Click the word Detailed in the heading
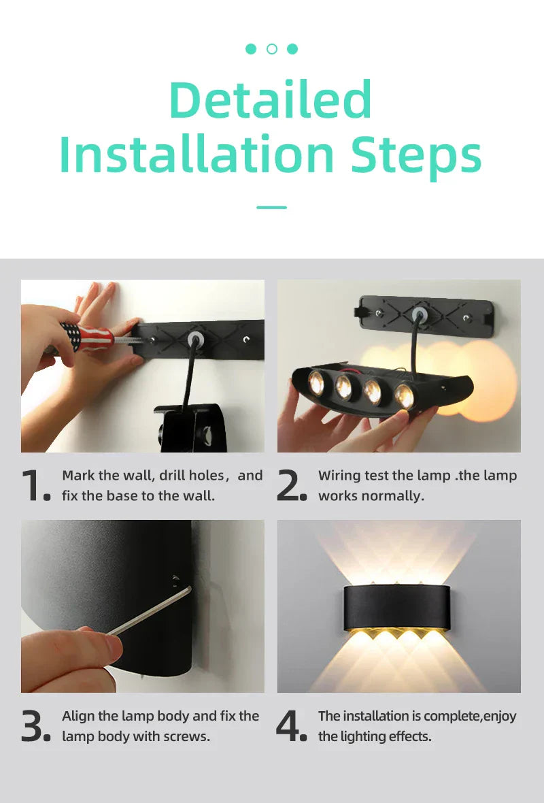(271, 100)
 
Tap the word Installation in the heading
(197, 154)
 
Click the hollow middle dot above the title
(272, 49)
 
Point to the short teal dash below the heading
(271, 207)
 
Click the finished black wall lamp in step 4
(398, 606)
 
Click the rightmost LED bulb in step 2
(405, 396)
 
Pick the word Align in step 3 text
(80, 716)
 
